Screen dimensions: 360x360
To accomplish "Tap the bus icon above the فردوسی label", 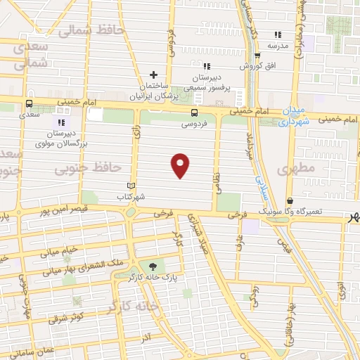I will pos(194,112).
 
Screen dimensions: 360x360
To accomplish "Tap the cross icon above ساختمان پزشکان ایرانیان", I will pos(154,74).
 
